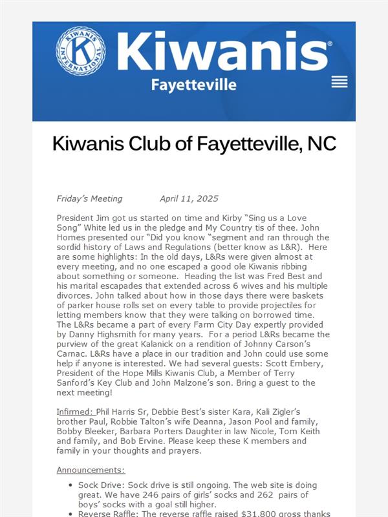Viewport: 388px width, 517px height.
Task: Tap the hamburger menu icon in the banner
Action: click(x=339, y=82)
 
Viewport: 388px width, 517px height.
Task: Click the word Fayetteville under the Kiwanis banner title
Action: click(x=193, y=85)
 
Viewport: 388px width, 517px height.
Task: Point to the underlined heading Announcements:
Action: click(x=91, y=470)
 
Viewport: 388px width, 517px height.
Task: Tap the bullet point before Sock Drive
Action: click(x=70, y=484)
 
